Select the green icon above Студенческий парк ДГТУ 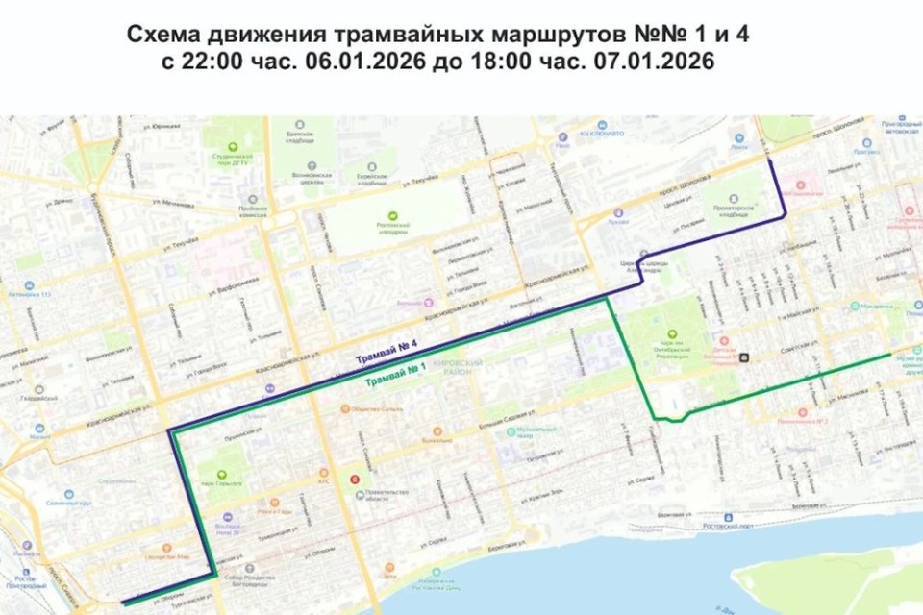(231, 133)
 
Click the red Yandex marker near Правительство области (357, 476)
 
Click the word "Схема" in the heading (160, 36)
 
